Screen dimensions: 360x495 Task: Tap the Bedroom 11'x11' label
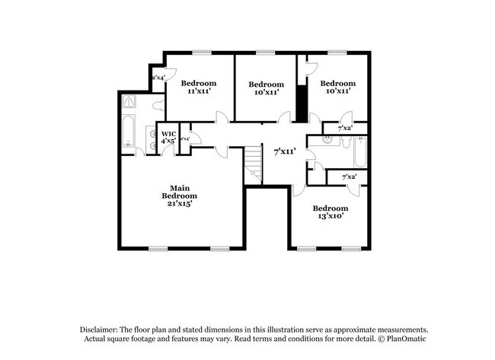coord(203,87)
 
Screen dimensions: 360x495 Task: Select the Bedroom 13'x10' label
coord(331,212)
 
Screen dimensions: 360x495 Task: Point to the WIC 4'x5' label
coord(168,137)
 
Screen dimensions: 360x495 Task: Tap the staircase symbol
coord(253,164)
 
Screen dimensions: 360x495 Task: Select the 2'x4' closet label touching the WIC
coord(184,139)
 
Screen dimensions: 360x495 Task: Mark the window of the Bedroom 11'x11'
coord(201,53)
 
